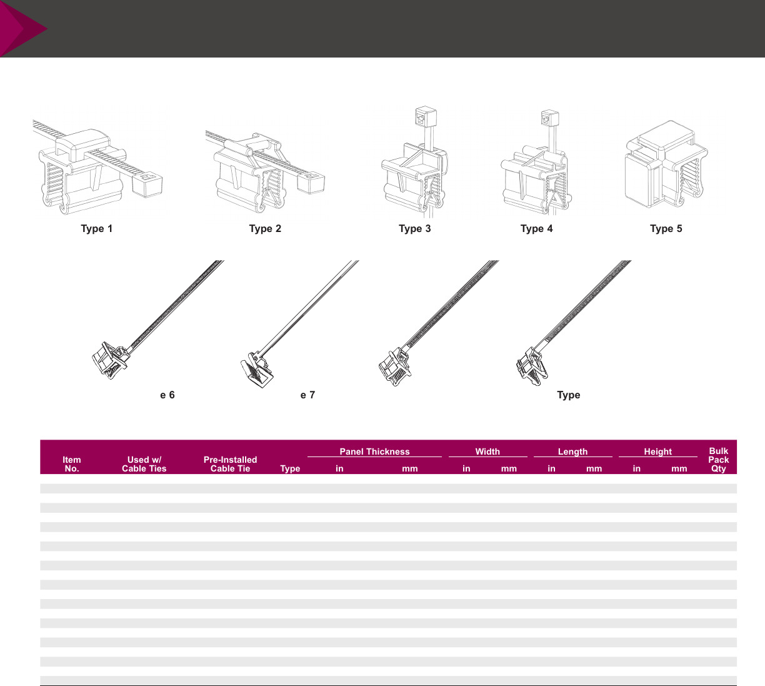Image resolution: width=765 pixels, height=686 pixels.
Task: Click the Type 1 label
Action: tap(97, 229)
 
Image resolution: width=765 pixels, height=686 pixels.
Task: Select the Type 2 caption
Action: tap(265, 229)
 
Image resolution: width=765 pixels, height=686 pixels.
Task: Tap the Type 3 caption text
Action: tap(415, 229)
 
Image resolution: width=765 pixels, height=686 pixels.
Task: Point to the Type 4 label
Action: tap(537, 229)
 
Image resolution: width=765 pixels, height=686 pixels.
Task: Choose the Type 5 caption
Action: tap(666, 229)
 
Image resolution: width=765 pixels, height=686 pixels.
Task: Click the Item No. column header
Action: tap(72, 464)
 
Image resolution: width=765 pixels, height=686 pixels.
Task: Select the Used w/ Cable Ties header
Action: tap(144, 464)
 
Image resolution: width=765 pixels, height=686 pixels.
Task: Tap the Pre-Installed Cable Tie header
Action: tap(230, 464)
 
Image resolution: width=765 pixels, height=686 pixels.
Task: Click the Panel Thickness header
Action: tap(374, 451)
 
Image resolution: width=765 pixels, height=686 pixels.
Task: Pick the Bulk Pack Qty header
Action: tap(719, 460)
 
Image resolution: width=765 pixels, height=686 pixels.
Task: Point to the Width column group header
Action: tap(487, 451)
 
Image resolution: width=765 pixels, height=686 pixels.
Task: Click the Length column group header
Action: tap(572, 451)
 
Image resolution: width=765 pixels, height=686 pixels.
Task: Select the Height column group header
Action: tap(657, 451)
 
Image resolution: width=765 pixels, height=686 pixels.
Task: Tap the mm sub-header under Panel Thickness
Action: tap(410, 468)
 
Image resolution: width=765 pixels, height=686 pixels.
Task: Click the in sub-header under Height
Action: tap(636, 468)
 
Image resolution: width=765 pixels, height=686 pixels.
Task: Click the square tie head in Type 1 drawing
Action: tap(148, 184)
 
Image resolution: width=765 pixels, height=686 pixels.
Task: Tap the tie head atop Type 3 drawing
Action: tap(425, 117)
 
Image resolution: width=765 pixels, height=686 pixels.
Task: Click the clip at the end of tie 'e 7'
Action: tap(256, 373)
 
